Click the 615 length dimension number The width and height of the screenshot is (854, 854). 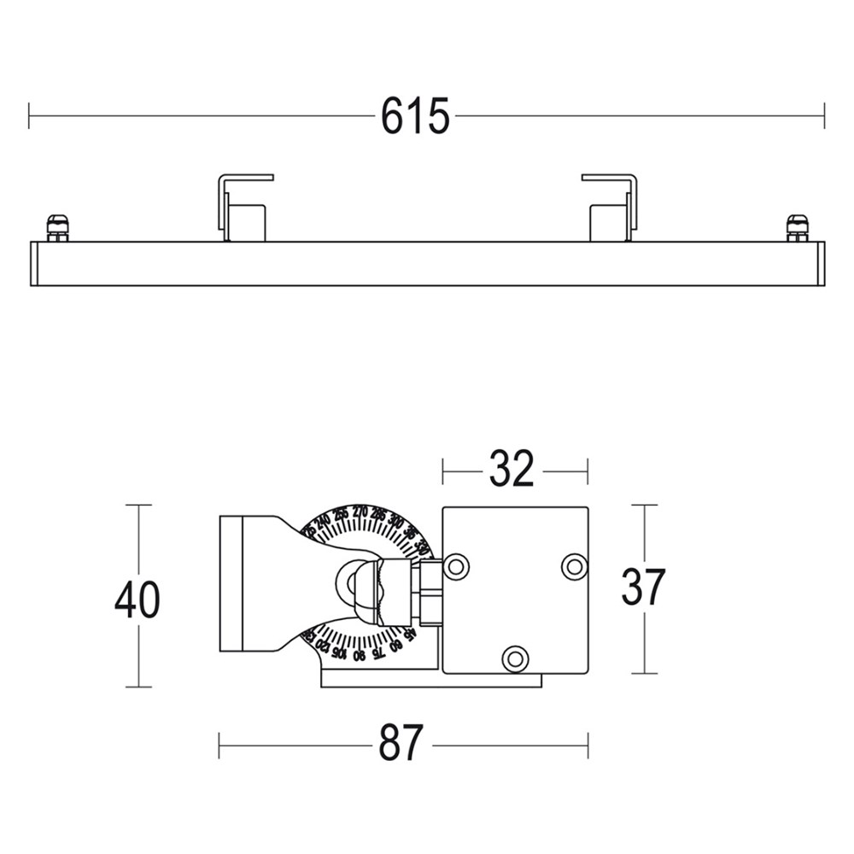[415, 116]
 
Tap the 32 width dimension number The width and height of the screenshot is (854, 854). [512, 469]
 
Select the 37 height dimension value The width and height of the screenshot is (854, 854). [642, 588]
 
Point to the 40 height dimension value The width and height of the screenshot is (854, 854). [137, 600]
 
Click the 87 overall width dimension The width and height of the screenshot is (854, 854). [401, 744]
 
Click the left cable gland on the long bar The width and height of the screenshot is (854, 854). [57, 228]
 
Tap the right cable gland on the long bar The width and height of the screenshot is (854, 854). [797, 228]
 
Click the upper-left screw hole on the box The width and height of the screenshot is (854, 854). [457, 565]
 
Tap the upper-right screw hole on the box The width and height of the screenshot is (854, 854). [574, 565]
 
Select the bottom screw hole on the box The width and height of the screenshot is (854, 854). [515, 658]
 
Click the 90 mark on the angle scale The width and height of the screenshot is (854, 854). [359, 655]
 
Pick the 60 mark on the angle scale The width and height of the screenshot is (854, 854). [395, 646]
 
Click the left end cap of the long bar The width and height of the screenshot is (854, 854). [34, 264]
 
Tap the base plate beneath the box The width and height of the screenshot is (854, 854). [431, 681]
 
